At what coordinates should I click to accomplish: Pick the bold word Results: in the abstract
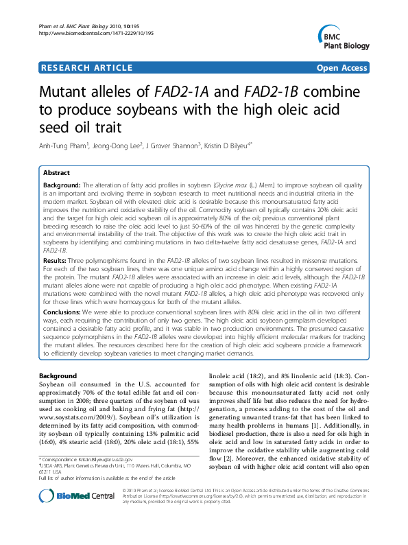pyautogui.click(x=56, y=262)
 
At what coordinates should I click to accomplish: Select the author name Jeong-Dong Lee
pyautogui.click(x=119, y=145)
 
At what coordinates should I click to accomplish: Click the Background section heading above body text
pyautogui.click(x=58, y=376)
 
